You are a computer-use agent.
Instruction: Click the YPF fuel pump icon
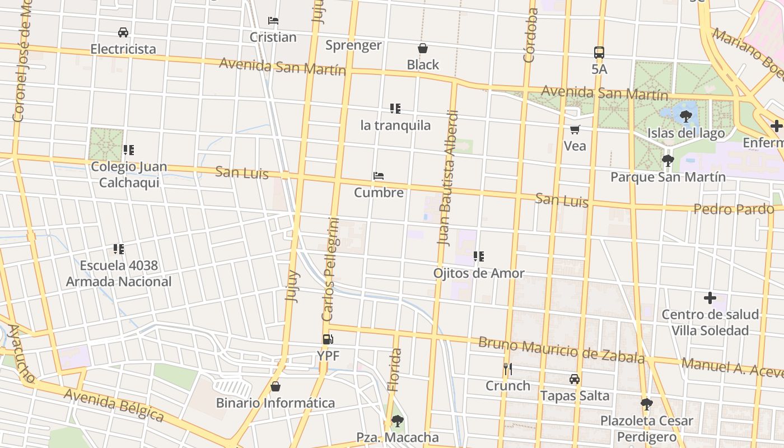pos(328,339)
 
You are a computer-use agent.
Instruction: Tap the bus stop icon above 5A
pos(599,53)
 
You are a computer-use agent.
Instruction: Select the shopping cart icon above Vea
pos(575,129)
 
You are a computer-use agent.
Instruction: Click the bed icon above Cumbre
pos(379,176)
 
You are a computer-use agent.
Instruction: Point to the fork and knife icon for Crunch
pos(507,368)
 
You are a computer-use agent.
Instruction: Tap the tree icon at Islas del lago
pos(685,116)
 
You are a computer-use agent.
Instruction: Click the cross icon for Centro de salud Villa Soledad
pos(710,298)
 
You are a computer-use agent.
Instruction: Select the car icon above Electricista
pos(123,32)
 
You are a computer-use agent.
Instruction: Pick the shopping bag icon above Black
pos(423,48)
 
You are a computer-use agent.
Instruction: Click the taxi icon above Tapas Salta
pos(575,379)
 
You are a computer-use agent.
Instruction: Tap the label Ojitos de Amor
pos(479,273)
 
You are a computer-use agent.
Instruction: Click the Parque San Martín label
pos(668,177)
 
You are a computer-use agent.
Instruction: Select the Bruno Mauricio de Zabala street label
pos(561,349)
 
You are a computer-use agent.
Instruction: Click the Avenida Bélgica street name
pos(114,405)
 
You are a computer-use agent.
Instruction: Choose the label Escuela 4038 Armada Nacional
pos(119,273)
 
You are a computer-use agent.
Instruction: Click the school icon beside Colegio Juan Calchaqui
pos(129,150)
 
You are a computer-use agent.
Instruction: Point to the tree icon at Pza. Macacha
pos(397,421)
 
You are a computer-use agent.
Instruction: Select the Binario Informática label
pos(276,403)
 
